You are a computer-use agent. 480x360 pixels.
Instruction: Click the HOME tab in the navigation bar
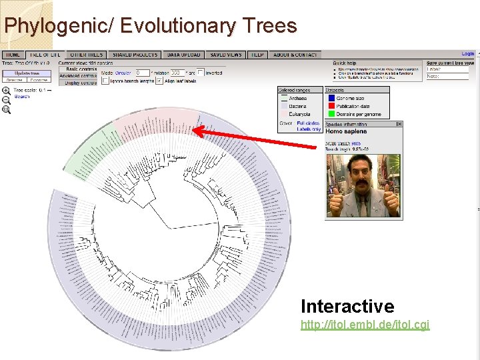click(13, 55)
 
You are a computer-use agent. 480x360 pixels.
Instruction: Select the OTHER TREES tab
click(86, 55)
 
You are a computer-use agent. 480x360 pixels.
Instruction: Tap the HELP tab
click(257, 55)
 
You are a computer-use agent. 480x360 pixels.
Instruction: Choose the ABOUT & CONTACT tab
click(295, 55)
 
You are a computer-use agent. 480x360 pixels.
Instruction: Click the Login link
click(467, 54)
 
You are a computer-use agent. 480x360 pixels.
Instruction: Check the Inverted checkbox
click(201, 73)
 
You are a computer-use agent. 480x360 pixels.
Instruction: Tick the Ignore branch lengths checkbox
click(105, 81)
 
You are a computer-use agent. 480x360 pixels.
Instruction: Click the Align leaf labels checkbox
click(159, 81)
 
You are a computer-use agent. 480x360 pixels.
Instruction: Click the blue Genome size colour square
click(331, 98)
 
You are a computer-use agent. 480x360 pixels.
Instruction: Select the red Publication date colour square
click(331, 106)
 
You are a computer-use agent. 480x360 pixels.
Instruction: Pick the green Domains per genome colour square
click(331, 114)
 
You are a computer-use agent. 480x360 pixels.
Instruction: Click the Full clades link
click(308, 123)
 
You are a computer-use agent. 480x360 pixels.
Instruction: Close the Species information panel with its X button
click(399, 124)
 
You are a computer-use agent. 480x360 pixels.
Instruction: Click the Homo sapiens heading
click(346, 132)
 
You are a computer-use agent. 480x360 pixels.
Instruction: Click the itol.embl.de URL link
click(365, 325)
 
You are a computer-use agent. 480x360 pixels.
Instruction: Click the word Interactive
click(347, 306)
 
